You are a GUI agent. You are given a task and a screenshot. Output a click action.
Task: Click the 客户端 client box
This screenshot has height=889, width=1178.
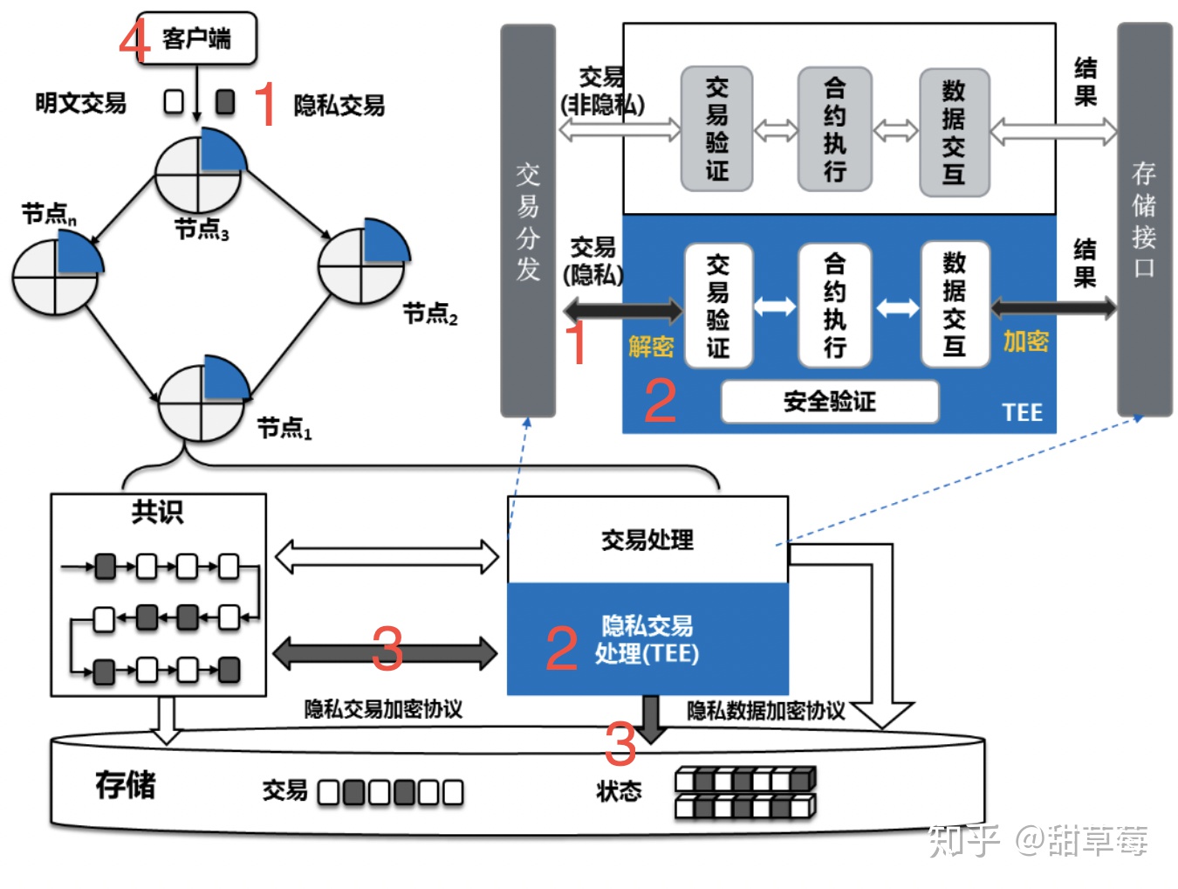196,38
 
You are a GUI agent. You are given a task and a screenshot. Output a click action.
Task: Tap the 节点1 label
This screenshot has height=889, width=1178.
284,428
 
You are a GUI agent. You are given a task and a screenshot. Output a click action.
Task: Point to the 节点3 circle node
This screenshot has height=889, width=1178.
200,170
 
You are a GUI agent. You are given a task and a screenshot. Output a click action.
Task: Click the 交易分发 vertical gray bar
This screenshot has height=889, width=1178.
528,220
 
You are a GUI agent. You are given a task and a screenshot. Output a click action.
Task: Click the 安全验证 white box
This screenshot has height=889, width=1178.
829,402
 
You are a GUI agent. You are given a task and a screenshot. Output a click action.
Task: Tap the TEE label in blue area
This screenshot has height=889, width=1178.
1022,412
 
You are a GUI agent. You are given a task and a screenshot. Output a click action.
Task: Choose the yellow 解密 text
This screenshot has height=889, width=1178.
651,347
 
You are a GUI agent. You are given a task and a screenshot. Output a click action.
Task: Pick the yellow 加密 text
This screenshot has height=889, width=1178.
1025,341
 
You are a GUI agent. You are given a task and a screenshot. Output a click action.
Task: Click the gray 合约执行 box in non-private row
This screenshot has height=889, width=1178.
834,129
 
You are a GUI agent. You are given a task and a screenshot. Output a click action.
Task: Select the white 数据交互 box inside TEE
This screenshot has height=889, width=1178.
955,304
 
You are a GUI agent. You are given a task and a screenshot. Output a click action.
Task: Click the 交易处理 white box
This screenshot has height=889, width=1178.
647,540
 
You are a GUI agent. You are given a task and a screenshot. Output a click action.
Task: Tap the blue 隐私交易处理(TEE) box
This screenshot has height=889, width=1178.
647,639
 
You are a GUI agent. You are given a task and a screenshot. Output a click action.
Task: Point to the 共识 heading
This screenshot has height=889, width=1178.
158,512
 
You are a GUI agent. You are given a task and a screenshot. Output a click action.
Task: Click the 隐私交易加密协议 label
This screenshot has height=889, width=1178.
383,709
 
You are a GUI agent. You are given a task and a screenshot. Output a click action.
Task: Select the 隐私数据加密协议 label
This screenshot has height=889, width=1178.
765,711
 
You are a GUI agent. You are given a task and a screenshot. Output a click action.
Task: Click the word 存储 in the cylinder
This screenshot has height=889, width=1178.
126,785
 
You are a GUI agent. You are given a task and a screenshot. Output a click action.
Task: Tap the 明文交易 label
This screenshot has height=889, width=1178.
80,103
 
